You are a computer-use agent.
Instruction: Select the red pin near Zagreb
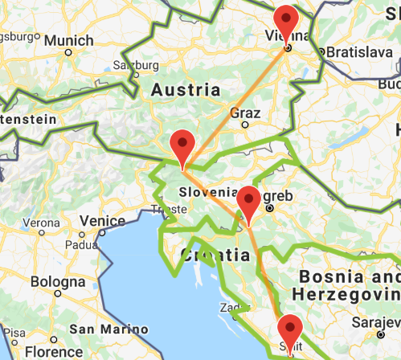[248, 201]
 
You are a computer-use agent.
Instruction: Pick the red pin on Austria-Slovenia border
[183, 145]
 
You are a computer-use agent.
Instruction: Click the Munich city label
[68, 40]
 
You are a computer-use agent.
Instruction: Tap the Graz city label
[244, 112]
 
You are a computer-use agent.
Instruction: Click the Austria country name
[186, 89]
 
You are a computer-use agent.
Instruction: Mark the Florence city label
[53, 352]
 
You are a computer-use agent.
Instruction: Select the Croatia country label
[213, 256]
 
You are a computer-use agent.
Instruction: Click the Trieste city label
[166, 211]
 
